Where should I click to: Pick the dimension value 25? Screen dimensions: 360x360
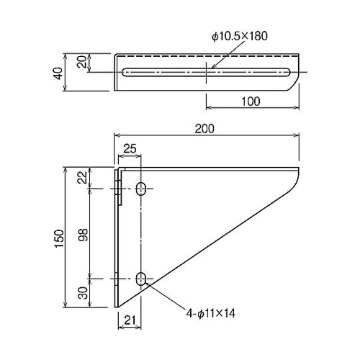(130, 148)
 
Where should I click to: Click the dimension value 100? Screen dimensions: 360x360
(248, 102)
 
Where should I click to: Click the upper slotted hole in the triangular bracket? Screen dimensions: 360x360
(142, 189)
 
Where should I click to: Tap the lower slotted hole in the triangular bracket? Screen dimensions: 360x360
(142, 279)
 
